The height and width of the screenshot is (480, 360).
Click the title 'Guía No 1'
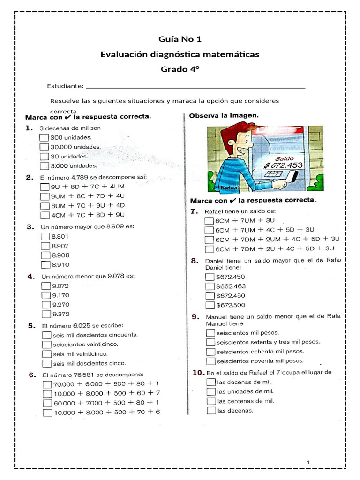point(180,39)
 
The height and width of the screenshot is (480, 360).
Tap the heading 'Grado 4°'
point(180,69)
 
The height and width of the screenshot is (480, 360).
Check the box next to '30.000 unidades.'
point(45,147)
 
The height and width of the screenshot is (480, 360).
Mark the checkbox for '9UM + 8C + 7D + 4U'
point(45,196)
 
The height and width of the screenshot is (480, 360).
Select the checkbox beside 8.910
point(45,265)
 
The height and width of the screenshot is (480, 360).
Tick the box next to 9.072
point(46,286)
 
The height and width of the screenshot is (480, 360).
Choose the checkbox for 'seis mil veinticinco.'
point(46,354)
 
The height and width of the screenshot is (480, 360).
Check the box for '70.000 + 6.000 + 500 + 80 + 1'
point(47,384)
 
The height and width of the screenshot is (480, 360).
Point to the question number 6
point(32,375)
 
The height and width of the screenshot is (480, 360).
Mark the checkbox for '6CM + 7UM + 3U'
point(209,220)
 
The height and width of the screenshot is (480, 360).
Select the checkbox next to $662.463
point(210,286)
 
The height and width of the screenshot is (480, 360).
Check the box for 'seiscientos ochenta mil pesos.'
point(211,352)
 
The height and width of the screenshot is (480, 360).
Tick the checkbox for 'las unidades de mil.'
point(211,391)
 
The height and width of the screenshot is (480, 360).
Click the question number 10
point(198,373)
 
